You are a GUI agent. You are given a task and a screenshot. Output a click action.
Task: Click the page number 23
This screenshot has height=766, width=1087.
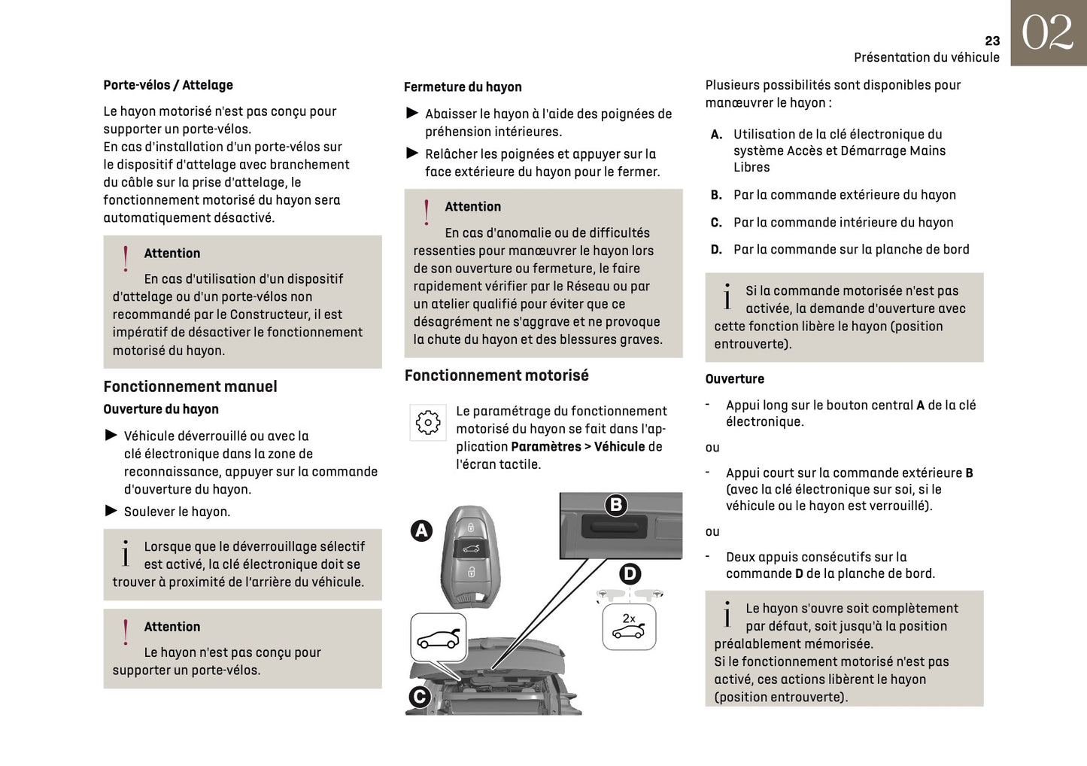(x=992, y=41)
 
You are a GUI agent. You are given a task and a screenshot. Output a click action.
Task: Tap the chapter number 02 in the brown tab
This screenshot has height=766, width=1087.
(x=1047, y=33)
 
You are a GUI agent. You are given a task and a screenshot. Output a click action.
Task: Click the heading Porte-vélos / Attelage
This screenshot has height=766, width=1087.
(x=168, y=85)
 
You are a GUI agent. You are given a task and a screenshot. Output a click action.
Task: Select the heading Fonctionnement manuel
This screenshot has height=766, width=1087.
(x=190, y=387)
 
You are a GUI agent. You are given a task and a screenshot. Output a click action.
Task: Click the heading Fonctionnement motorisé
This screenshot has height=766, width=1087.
(x=496, y=375)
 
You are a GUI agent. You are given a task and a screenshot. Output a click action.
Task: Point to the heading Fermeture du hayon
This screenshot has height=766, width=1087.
(x=463, y=87)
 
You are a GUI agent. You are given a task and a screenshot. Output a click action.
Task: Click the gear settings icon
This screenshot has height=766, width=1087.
(x=428, y=423)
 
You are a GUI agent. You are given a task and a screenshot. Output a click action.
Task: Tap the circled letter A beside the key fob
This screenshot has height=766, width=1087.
(x=421, y=530)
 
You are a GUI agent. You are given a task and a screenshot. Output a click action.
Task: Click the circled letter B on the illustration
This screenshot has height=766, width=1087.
(x=616, y=505)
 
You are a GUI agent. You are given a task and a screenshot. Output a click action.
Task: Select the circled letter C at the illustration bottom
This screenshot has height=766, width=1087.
(x=419, y=697)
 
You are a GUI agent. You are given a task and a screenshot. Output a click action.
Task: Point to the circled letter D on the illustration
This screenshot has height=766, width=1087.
(x=630, y=574)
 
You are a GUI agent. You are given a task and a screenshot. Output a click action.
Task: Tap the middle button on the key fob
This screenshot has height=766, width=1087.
(x=470, y=549)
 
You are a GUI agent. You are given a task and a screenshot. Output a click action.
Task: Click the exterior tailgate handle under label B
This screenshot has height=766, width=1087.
(x=614, y=526)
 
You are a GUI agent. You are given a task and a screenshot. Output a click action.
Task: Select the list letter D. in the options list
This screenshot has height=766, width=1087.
(x=716, y=250)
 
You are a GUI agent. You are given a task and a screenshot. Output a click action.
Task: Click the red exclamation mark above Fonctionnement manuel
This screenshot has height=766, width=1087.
(x=126, y=258)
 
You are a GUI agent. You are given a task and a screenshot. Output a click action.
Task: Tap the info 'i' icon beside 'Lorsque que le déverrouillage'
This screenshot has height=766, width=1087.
(x=126, y=554)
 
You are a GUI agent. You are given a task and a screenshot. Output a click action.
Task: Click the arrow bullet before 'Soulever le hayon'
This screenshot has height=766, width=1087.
(x=111, y=511)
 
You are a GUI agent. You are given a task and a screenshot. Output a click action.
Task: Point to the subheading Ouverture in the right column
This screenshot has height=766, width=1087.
(x=734, y=379)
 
